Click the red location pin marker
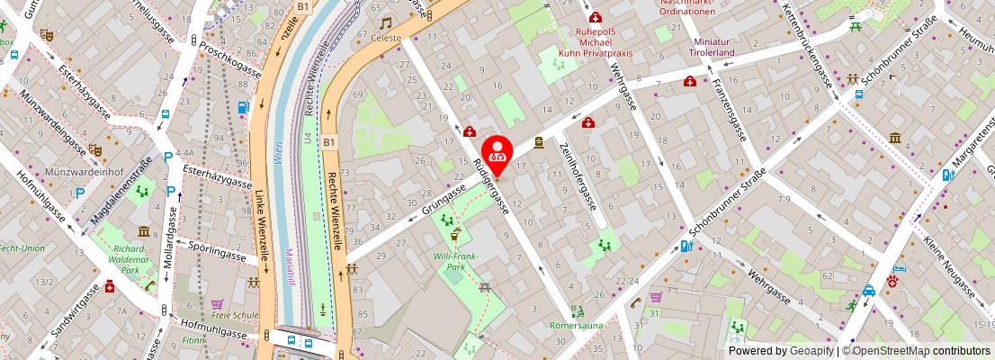click(497, 153)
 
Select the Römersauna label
click(577, 325)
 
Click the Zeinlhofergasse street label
click(578, 175)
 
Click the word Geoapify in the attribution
click(811, 351)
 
